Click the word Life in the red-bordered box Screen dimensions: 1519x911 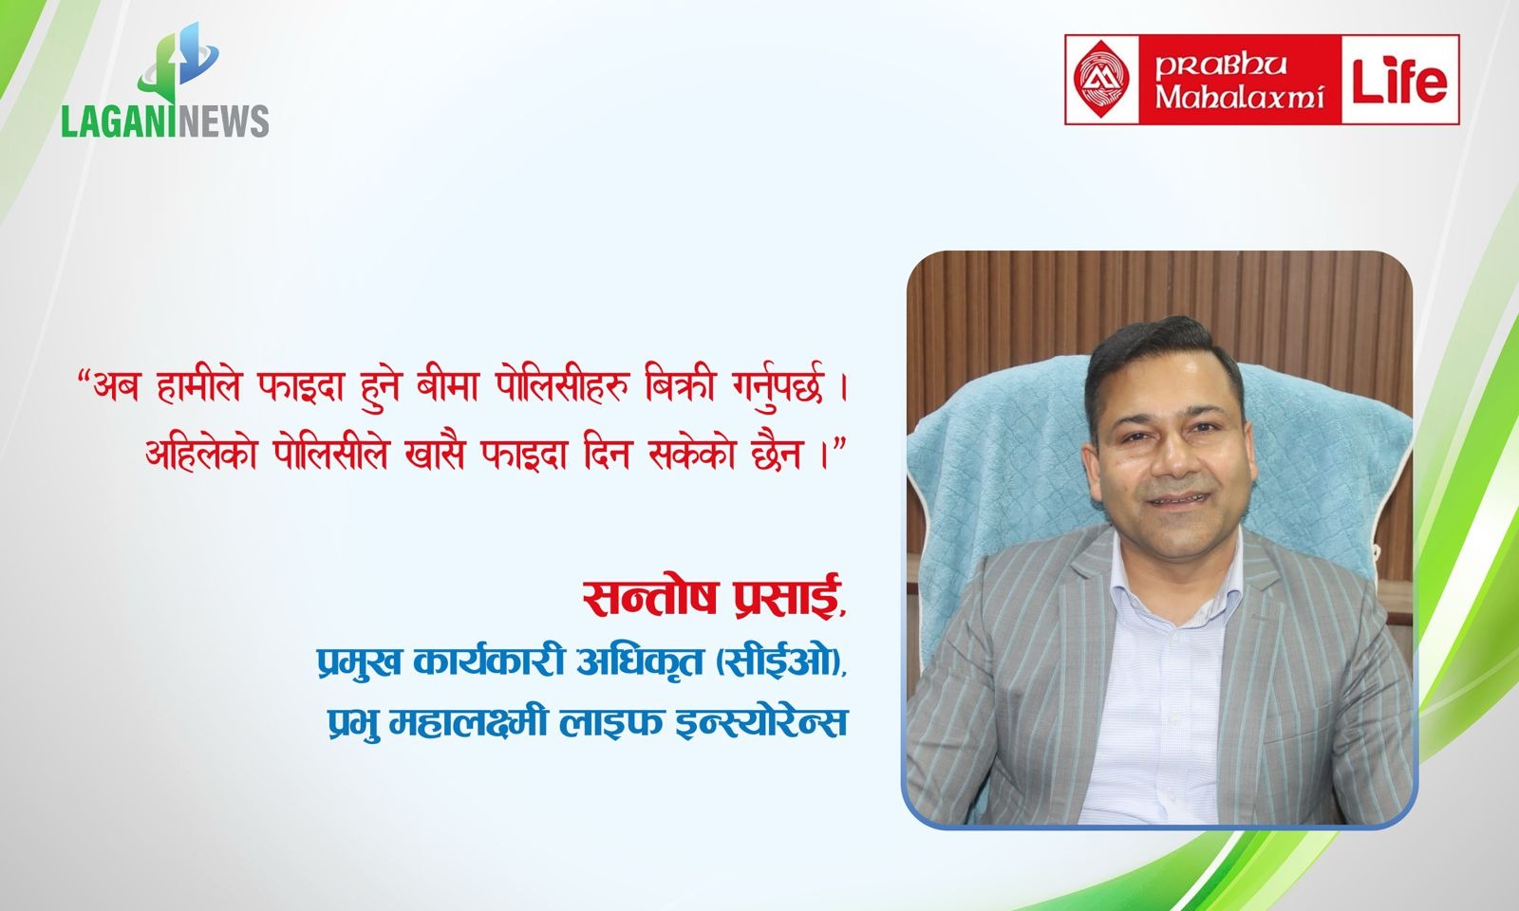coord(1400,80)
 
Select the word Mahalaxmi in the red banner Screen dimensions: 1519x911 coord(1240,96)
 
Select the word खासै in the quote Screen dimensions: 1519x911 coord(434,453)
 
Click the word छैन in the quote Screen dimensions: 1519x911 coord(778,453)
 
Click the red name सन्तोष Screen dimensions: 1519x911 coord(649,597)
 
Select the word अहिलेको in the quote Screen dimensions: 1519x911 coord(201,453)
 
